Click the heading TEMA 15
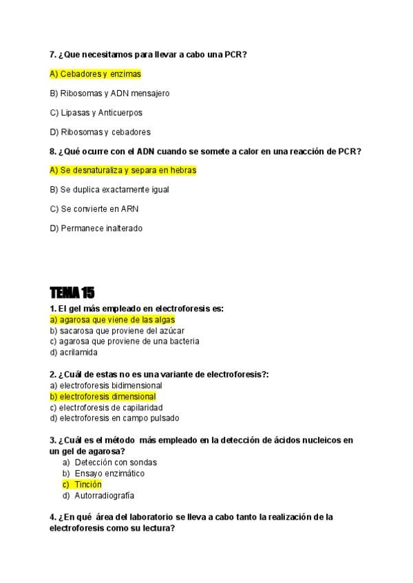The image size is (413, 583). pyautogui.click(x=72, y=293)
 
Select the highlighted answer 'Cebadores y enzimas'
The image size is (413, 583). pyautogui.click(x=95, y=74)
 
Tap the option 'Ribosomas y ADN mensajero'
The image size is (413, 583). pyautogui.click(x=109, y=93)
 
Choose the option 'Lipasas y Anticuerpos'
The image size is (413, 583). pyautogui.click(x=96, y=112)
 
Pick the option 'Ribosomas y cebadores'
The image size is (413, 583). pyautogui.click(x=100, y=131)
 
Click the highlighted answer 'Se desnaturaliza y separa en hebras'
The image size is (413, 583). pyautogui.click(x=123, y=170)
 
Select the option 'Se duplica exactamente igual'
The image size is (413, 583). pyautogui.click(x=109, y=189)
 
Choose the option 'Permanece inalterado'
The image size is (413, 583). pyautogui.click(x=96, y=228)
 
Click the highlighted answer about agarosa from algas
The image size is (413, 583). pyautogui.click(x=112, y=320)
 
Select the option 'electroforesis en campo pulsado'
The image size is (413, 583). pyautogui.click(x=114, y=418)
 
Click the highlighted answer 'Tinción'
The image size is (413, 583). pyautogui.click(x=87, y=485)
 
